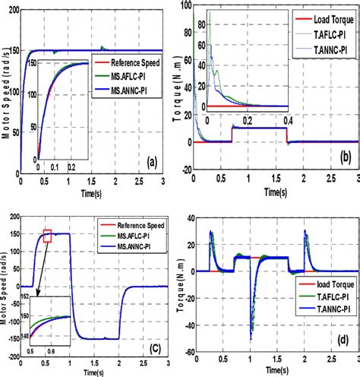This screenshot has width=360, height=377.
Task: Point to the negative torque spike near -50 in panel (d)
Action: coord(251,327)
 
